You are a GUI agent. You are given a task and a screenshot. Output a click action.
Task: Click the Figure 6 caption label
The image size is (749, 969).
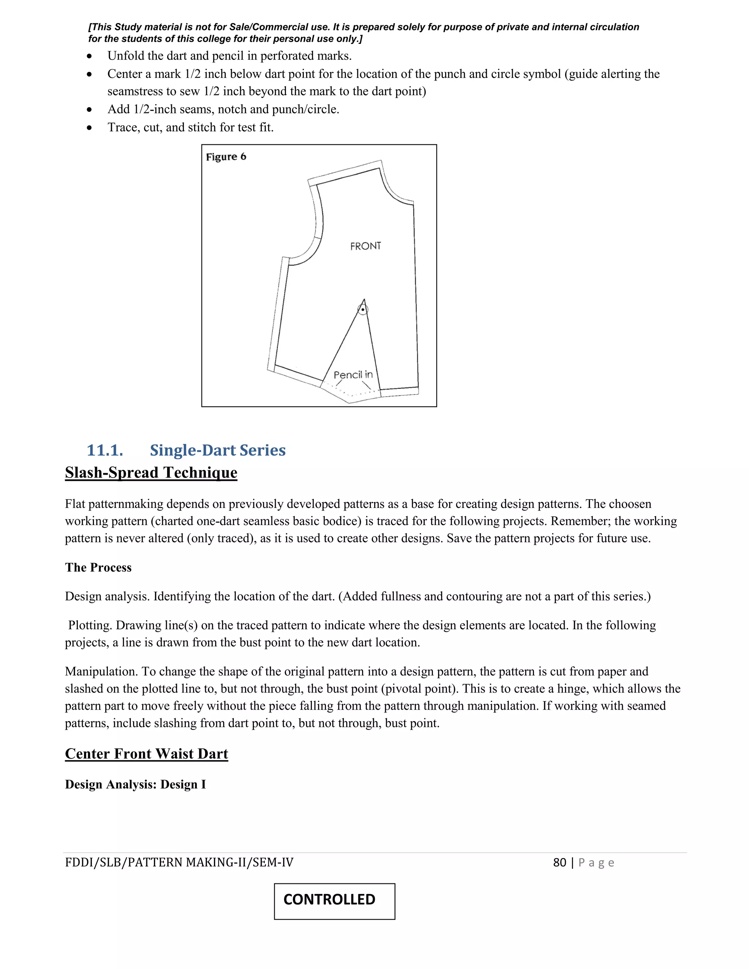(226, 157)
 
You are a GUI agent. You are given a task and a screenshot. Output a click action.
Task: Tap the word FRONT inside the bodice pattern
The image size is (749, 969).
(365, 246)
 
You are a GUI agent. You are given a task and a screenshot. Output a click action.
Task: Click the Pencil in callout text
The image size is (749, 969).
(353, 375)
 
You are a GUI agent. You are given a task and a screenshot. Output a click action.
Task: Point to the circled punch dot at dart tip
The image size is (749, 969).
(363, 309)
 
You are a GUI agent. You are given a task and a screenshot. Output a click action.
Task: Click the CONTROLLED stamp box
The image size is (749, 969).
(334, 901)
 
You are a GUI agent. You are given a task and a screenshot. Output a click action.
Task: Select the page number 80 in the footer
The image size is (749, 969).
(560, 863)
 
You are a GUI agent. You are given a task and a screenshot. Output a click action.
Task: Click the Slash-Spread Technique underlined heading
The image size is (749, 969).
(151, 472)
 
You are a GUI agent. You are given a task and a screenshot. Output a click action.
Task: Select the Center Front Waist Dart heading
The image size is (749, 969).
(146, 754)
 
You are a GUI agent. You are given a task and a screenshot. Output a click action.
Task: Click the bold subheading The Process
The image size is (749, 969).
(98, 568)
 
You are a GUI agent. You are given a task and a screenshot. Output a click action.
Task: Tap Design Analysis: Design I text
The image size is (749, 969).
(135, 784)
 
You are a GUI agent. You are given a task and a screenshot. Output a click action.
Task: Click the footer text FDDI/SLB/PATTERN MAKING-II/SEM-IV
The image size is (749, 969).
(179, 863)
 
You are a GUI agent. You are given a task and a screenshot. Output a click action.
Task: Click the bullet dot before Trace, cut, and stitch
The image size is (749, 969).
(90, 128)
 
